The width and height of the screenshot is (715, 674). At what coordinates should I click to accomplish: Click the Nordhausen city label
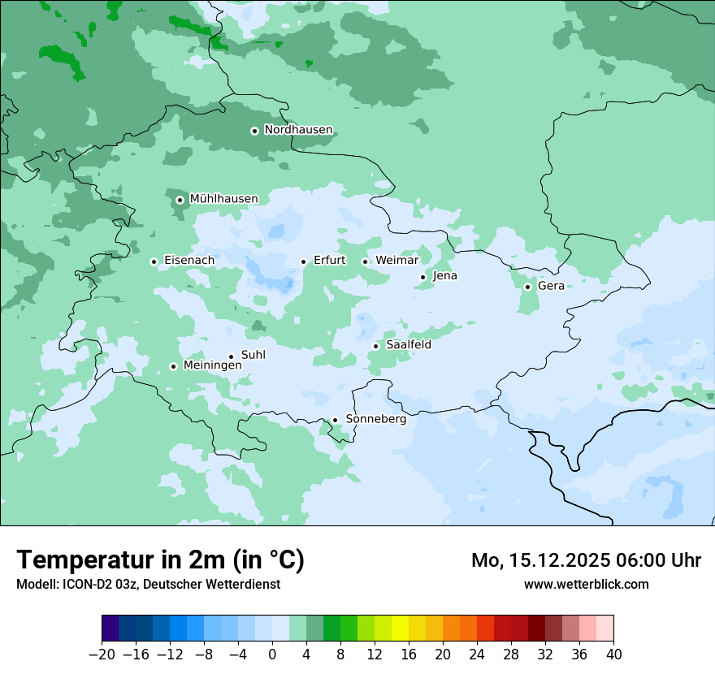pos(298,130)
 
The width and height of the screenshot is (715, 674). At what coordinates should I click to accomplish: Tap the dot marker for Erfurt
pos(303,261)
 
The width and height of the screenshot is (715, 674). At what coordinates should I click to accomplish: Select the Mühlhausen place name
pos(223,199)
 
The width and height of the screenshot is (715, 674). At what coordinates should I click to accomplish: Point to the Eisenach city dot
pos(154,261)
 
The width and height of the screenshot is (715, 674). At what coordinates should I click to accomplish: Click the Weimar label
pos(396,261)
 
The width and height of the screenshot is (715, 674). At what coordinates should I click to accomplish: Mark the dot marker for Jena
pos(422,277)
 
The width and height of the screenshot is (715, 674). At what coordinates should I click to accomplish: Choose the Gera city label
pos(551,286)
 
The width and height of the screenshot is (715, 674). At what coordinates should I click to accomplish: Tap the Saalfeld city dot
pos(375,346)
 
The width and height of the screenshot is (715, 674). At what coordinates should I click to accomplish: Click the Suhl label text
pos(253,355)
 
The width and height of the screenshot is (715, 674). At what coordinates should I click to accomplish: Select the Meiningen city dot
pos(173,366)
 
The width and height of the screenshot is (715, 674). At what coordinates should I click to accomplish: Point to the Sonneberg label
pos(375,419)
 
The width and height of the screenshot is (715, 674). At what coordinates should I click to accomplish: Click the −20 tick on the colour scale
pos(102,655)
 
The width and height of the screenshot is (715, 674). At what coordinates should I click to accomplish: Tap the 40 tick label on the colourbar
pos(613,655)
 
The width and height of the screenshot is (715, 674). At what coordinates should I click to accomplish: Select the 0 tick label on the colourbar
pos(272,655)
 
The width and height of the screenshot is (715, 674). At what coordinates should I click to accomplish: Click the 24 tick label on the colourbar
pos(477,655)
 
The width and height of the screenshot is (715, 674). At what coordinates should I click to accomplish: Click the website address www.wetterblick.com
pos(586,584)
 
